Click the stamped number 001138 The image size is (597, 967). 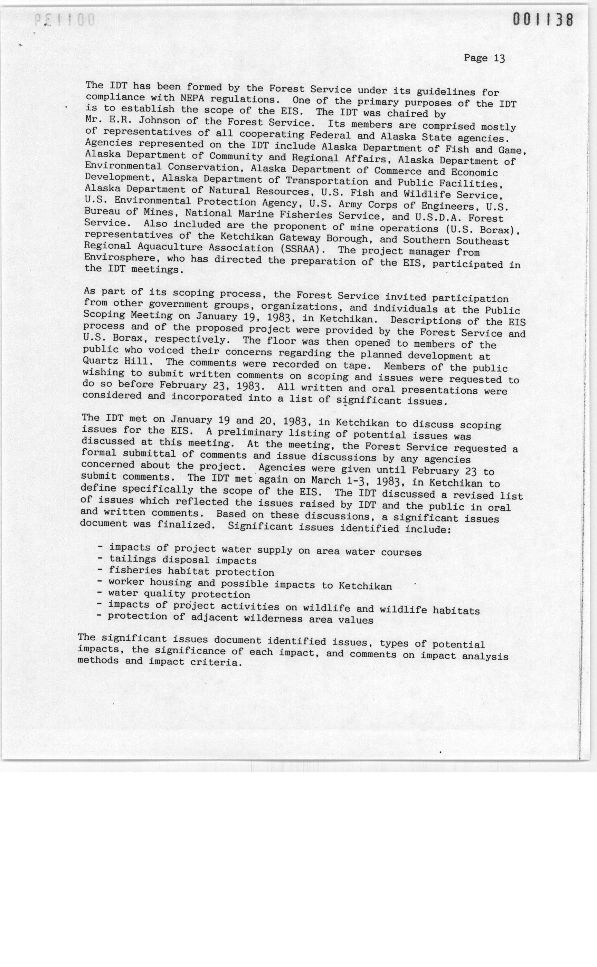[542, 19]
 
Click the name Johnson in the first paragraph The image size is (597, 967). [160, 121]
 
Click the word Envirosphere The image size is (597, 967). [120, 258]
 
